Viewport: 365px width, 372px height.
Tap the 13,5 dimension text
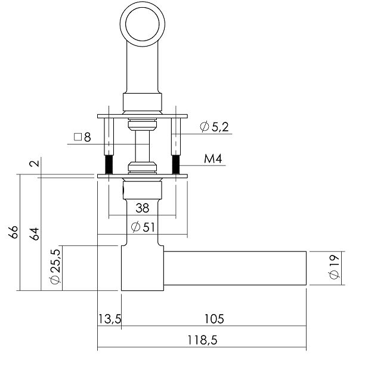click(x=110, y=319)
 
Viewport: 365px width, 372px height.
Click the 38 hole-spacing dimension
click(x=143, y=208)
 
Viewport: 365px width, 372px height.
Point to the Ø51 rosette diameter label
click(x=143, y=227)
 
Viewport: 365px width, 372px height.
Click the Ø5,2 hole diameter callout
click(x=213, y=126)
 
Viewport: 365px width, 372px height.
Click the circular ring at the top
click(x=143, y=20)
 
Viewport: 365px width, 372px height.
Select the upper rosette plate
click(x=143, y=115)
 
